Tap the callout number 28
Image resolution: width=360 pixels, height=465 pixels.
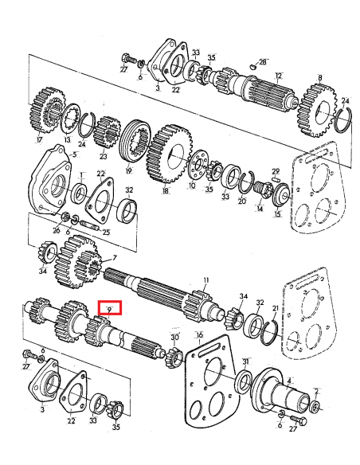(264, 61)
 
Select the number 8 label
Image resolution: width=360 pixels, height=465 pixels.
(319, 77)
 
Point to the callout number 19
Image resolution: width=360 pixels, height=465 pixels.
(128, 170)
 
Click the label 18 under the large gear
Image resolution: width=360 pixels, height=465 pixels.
(166, 192)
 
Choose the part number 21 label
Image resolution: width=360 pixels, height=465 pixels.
(276, 308)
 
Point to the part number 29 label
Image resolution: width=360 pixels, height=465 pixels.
(276, 170)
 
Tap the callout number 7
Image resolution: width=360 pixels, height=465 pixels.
(114, 258)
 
